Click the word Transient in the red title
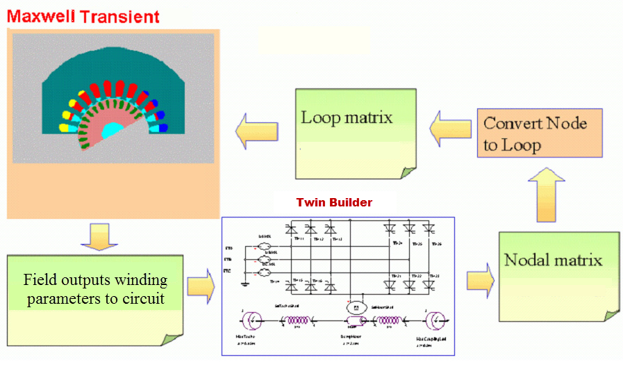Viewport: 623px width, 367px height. tap(122, 16)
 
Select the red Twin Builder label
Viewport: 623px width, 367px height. tap(334, 203)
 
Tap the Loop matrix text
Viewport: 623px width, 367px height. tap(346, 117)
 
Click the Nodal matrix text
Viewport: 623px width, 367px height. tap(553, 260)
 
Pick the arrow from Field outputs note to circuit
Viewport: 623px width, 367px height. tap(201, 286)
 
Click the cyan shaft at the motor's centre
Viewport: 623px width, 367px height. tap(110, 130)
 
